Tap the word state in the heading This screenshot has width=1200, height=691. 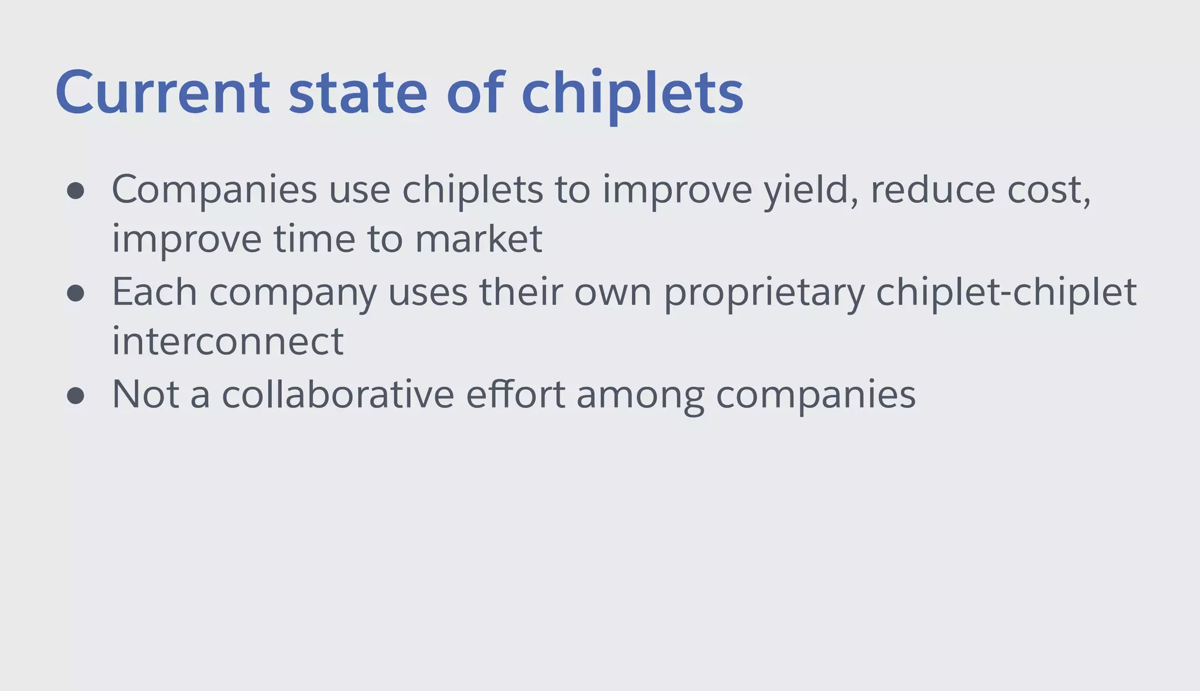coord(358,93)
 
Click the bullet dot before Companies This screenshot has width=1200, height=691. coord(76,191)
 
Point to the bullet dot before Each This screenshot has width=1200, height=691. coord(76,293)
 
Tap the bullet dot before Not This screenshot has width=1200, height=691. coord(76,396)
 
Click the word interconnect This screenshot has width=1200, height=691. coord(227,341)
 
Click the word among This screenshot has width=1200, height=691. coord(640,396)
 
